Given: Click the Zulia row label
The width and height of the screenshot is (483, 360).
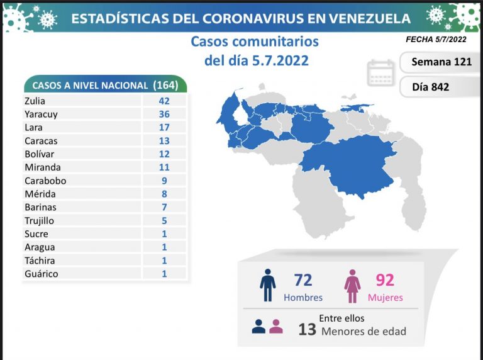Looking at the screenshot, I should pos(36,101).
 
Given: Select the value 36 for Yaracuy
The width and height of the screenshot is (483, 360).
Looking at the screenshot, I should pos(164,114).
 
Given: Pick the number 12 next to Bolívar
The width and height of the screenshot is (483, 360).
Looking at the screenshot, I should pos(164,154).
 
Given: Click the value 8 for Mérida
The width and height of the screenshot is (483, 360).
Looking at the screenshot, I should pos(164,194).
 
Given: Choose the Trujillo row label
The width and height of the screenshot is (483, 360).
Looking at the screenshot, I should pos(41,220).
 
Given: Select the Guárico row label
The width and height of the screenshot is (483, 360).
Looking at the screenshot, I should pos(41,274).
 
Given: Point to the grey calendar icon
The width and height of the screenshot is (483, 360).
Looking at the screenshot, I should pos(381,74).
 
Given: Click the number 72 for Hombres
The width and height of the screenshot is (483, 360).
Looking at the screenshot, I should pos(303,280).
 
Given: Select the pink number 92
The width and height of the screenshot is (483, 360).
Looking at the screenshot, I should pos(384,280).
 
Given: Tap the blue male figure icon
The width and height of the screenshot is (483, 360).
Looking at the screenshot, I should pos(268,286).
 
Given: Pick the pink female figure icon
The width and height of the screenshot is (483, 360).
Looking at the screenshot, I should pos(353,286).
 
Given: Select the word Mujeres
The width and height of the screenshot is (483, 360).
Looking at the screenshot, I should pos(385,298).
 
